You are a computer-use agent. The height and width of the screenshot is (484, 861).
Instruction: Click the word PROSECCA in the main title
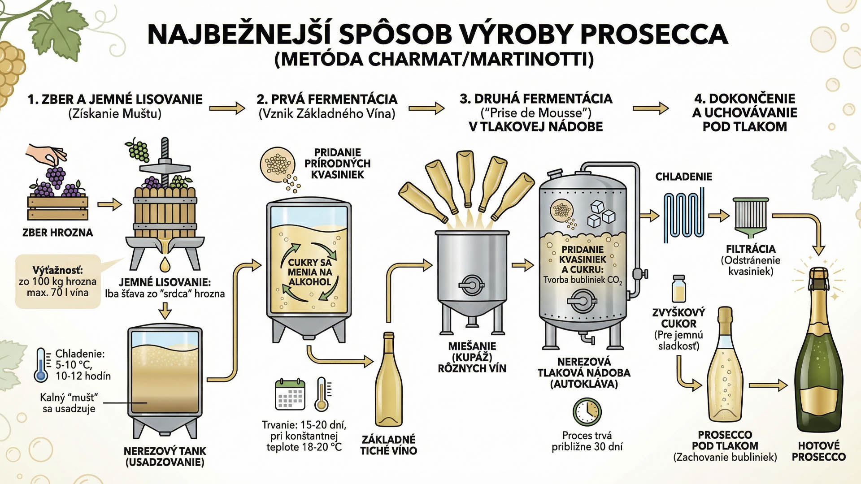pyautogui.click(x=654, y=35)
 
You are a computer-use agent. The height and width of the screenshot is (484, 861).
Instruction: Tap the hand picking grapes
pyautogui.click(x=45, y=155)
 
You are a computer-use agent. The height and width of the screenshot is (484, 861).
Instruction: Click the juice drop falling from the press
pyautogui.click(x=165, y=265)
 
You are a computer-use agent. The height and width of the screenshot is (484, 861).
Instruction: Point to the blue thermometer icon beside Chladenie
pyautogui.click(x=41, y=365)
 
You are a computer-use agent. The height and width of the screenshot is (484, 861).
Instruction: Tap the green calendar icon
pyautogui.click(x=290, y=394)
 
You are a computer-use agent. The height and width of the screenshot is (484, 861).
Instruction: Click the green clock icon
pyautogui.click(x=587, y=411)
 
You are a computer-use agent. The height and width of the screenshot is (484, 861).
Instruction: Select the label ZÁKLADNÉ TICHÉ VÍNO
pyautogui.click(x=389, y=445)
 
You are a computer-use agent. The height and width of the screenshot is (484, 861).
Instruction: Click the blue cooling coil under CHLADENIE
pyautogui.click(x=684, y=215)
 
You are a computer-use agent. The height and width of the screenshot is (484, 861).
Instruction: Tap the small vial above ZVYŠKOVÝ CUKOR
pyautogui.click(x=679, y=289)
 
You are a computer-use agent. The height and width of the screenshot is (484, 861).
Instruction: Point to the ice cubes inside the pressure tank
pyautogui.click(x=601, y=214)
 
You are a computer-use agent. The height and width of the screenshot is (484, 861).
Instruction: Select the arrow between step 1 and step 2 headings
pyautogui.click(x=227, y=108)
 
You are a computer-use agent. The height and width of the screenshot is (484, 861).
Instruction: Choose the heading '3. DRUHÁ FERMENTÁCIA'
pyautogui.click(x=536, y=99)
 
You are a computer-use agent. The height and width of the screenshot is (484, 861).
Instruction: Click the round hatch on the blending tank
pyautogui.click(x=471, y=285)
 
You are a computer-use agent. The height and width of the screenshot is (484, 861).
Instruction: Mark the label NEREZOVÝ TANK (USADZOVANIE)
pyautogui.click(x=165, y=456)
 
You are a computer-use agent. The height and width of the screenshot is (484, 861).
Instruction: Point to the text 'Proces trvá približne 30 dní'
pyautogui.click(x=587, y=441)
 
